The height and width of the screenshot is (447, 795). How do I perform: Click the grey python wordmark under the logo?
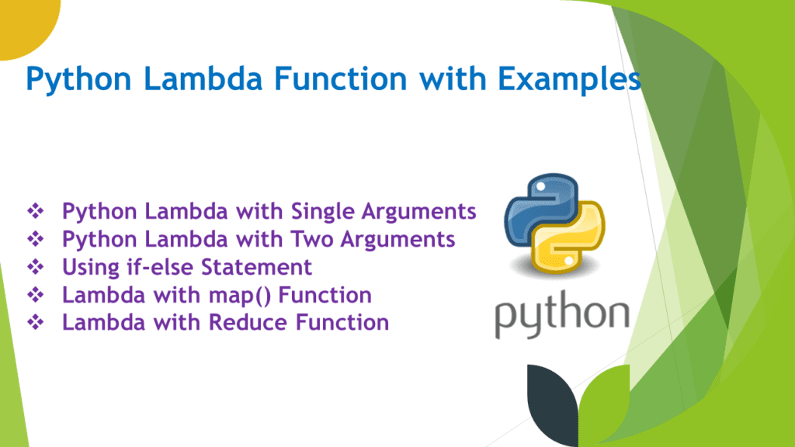tap(561, 314)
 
